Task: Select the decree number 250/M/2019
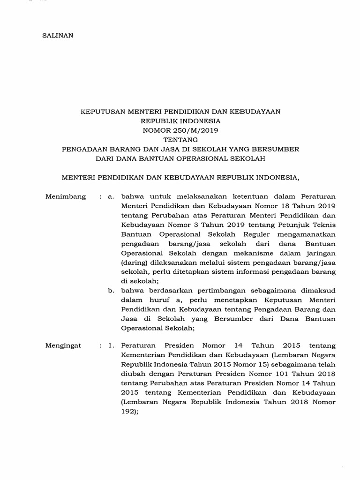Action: [201, 130]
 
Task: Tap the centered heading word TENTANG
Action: [180, 139]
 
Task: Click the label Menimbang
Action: [66, 196]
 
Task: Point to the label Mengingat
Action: [64, 345]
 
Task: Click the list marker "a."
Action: [111, 196]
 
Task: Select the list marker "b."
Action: [111, 291]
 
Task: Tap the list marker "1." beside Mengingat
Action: [111, 345]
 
